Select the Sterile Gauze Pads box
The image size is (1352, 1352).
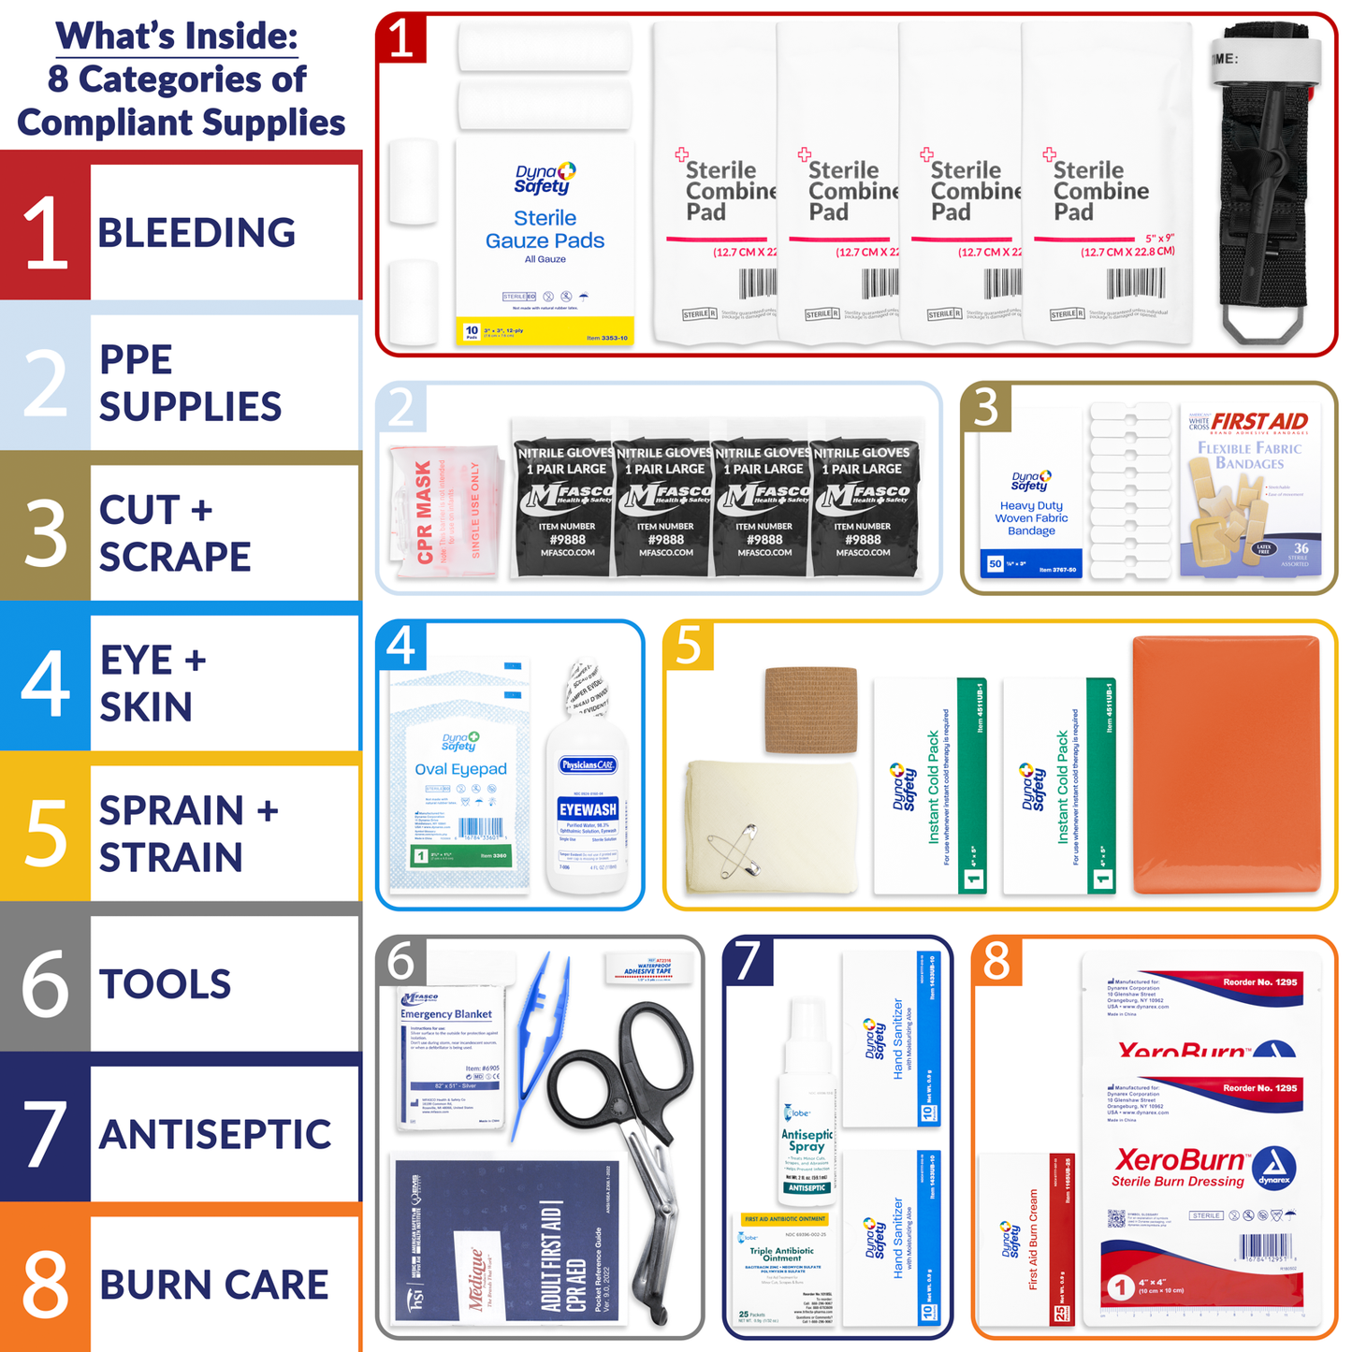545,243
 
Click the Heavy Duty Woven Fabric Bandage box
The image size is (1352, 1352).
1031,496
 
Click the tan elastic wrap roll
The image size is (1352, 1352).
810,709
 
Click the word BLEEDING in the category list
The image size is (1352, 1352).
196,233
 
